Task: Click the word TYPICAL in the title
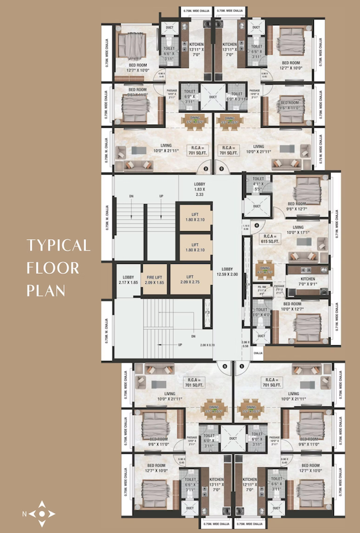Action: [x=59, y=245]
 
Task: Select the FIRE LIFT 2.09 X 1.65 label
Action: [x=154, y=280]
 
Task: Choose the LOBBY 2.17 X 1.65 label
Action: [x=128, y=280]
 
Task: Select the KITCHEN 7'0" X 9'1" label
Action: [x=307, y=280]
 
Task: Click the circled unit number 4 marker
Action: [x=256, y=223]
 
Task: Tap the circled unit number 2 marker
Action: [x=205, y=169]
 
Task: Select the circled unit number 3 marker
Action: [x=221, y=169]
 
